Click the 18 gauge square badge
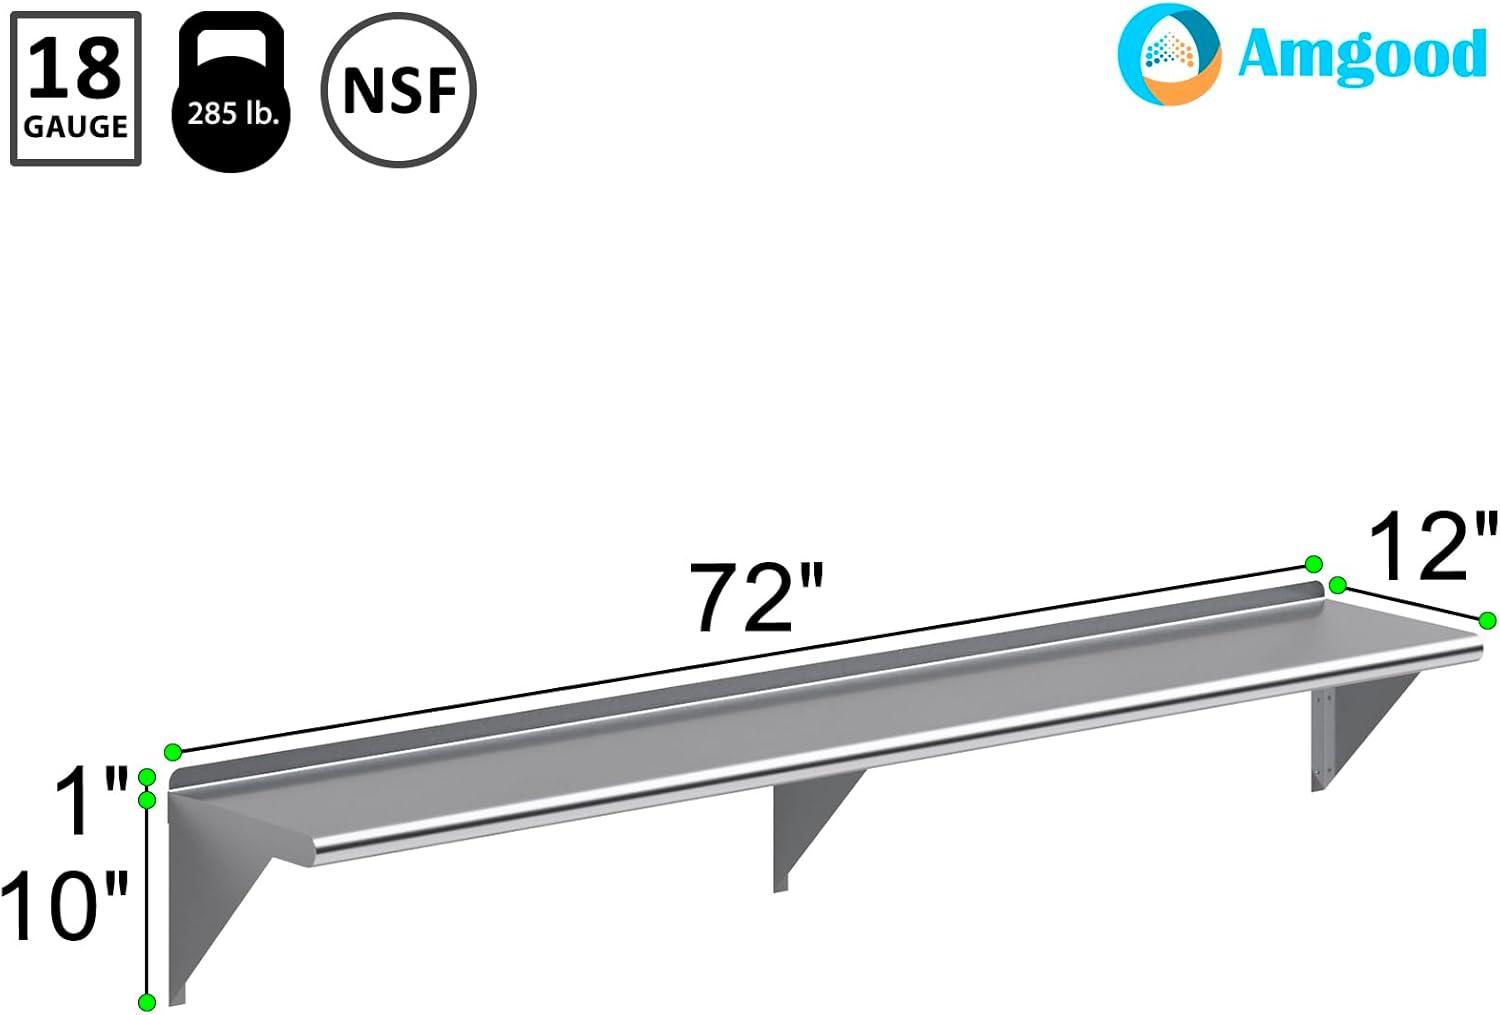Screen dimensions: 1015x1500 [75, 89]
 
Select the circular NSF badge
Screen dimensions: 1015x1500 [399, 90]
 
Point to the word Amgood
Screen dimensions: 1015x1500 [1362, 55]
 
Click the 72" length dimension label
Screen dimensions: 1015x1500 [757, 597]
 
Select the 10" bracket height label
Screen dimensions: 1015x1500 [65, 905]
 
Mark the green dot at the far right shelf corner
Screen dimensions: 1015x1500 [1487, 621]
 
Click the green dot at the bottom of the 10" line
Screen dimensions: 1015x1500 [147, 1001]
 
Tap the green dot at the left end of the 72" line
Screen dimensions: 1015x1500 [173, 751]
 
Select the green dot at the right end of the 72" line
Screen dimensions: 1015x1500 [1314, 564]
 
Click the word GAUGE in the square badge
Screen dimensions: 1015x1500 [75, 127]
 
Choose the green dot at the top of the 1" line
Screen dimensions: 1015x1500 [147, 776]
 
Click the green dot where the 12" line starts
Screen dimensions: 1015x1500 [1338, 585]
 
